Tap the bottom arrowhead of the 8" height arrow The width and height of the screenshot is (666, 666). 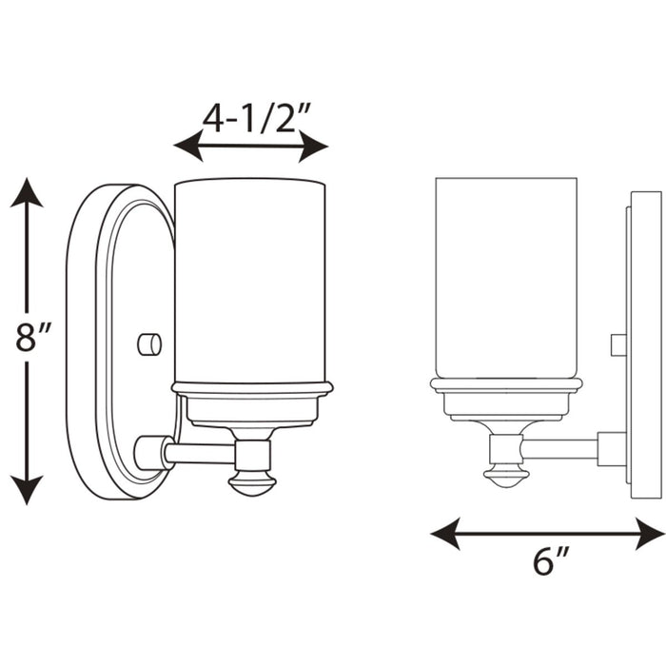click(27, 490)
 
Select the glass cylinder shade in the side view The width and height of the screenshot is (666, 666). click(506, 276)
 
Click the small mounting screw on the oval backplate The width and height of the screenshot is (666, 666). click(149, 343)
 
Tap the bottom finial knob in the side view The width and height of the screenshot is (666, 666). click(505, 476)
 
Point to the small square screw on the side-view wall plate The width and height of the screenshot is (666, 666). click(617, 344)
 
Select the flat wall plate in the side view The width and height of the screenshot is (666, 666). click(644, 343)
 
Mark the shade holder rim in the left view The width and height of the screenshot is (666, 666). click(251, 388)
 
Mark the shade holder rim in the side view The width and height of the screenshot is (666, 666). click(505, 383)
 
